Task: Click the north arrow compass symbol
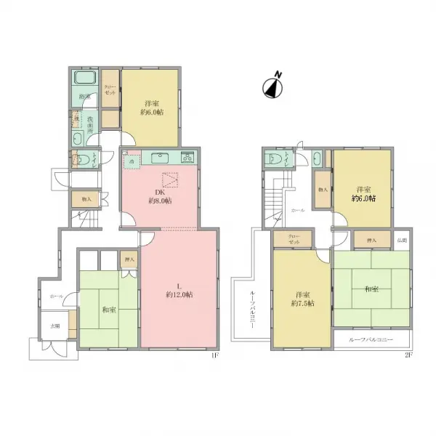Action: coord(271,85)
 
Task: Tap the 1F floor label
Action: coord(214,355)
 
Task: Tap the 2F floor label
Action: coord(408,355)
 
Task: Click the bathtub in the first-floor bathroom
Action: coord(86,78)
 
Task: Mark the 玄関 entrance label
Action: coord(55,327)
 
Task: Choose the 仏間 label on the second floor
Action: coord(402,239)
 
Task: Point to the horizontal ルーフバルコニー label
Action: coord(371,339)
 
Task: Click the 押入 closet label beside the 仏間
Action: coord(371,239)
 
